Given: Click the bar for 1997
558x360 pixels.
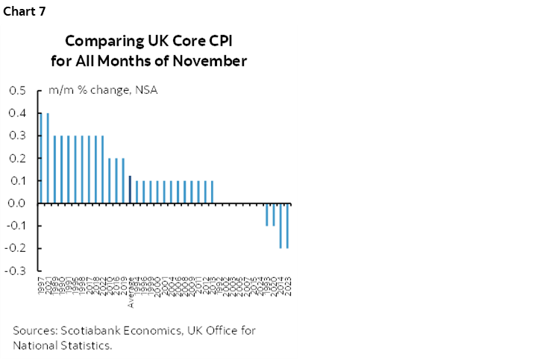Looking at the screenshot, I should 41,158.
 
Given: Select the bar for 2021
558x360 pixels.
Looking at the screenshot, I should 48,158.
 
